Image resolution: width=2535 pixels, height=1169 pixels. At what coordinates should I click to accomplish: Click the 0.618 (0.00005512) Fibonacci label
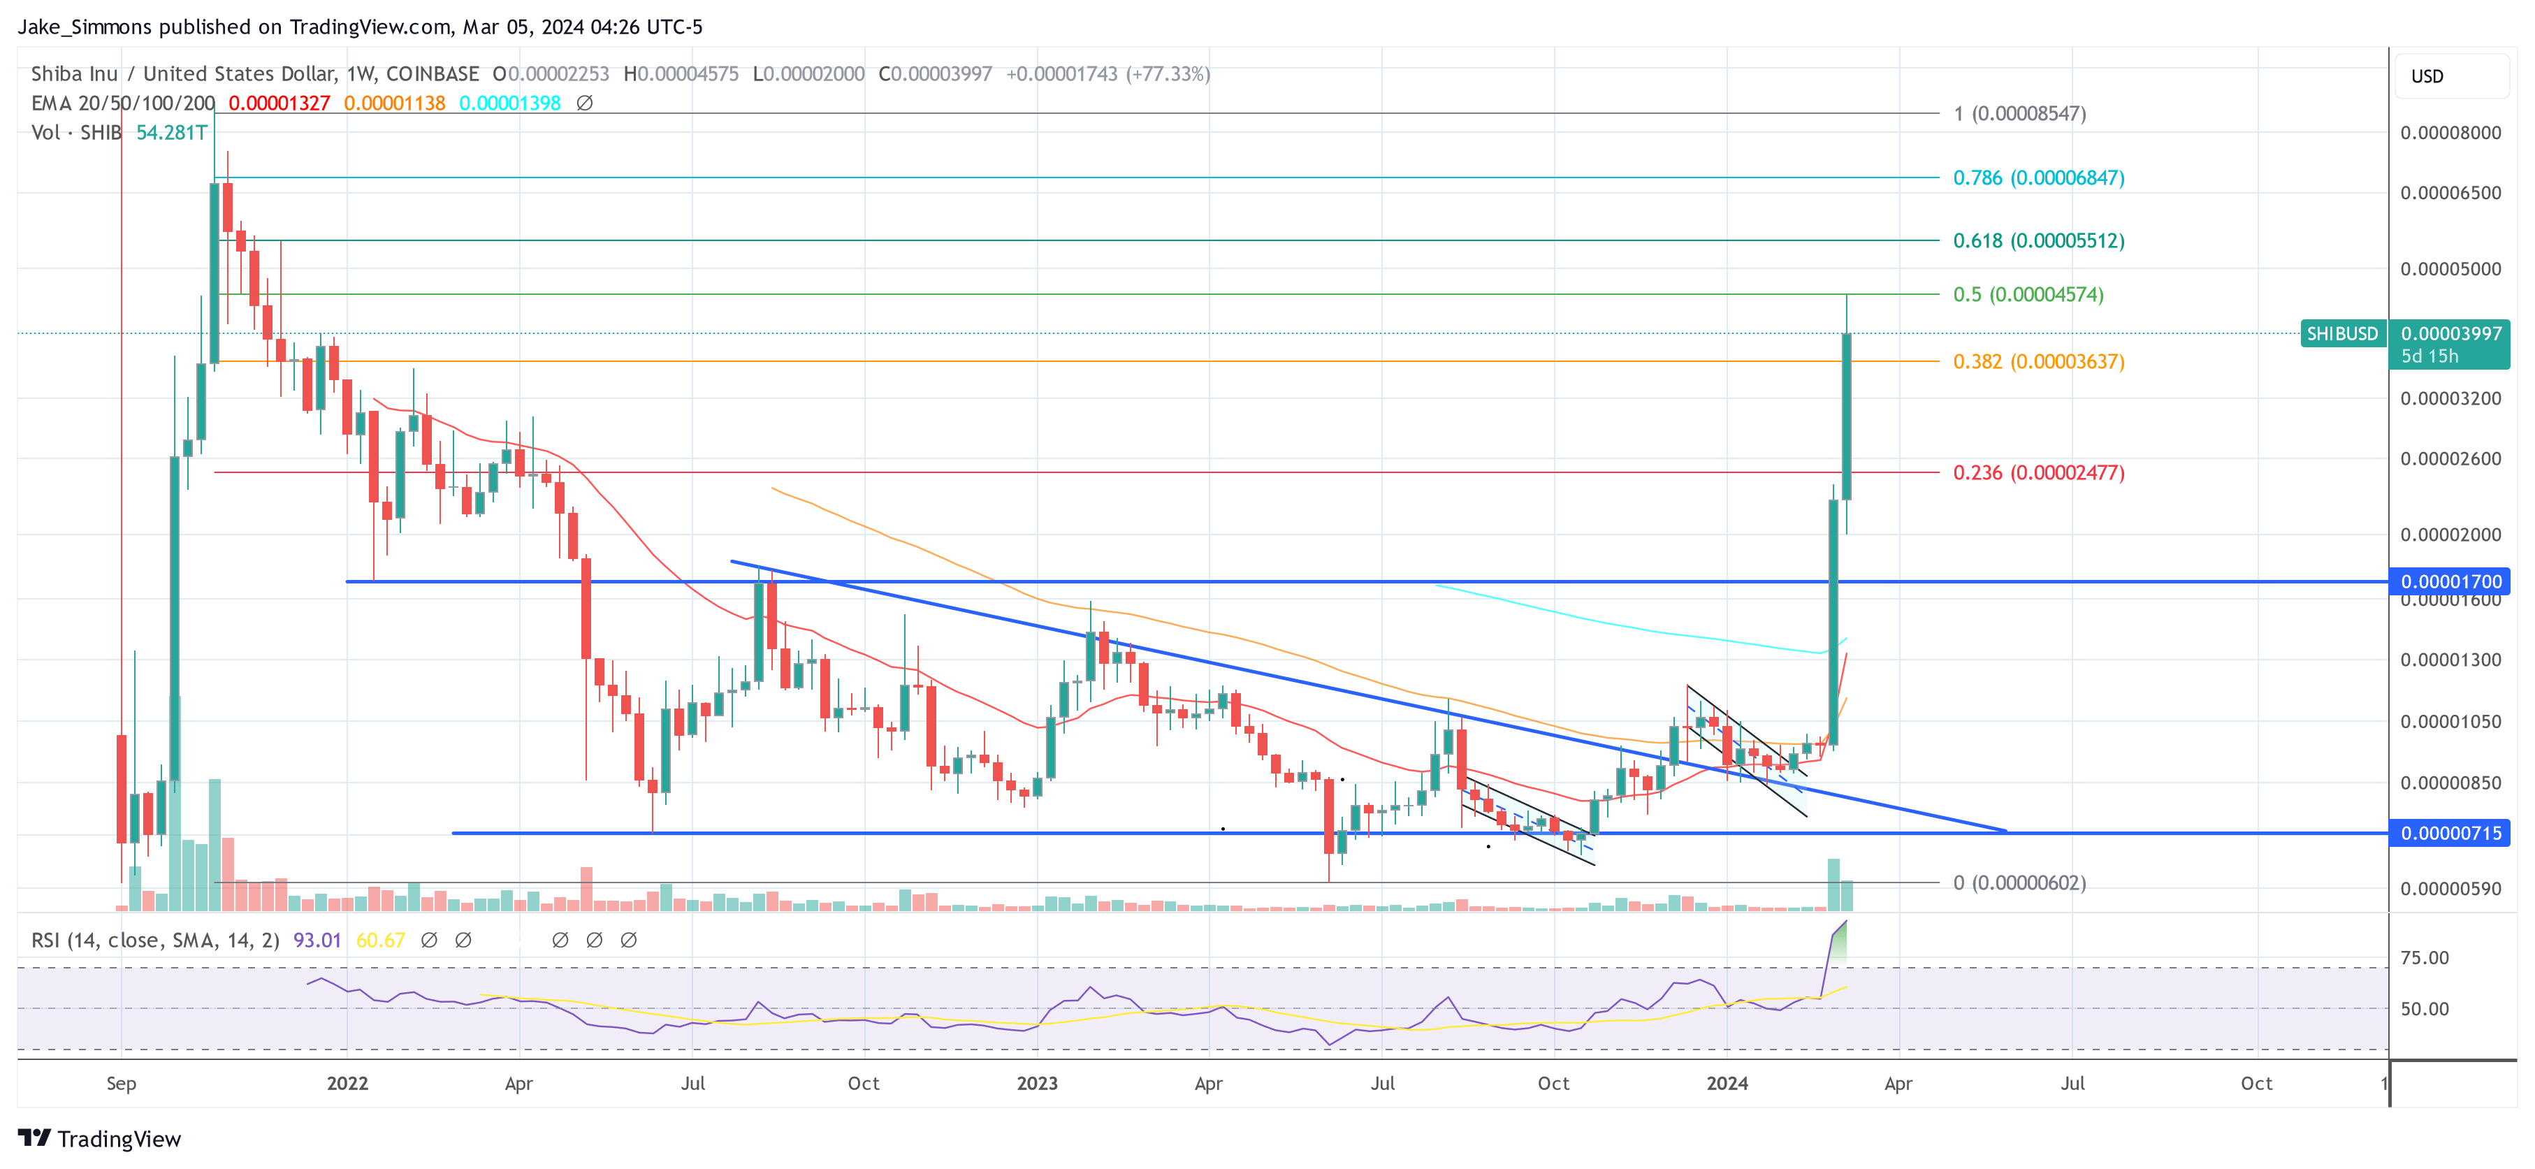[x=2038, y=241]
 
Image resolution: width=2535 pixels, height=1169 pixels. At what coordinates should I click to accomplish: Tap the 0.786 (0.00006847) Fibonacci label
[x=2038, y=178]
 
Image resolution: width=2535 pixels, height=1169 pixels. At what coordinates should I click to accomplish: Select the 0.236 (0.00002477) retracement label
[x=2038, y=473]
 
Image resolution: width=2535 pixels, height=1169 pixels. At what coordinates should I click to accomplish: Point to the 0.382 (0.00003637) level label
[x=2038, y=362]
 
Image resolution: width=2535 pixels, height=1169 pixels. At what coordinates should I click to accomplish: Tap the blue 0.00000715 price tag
[x=2450, y=834]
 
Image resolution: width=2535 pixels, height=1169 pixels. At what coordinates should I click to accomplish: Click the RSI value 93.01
[x=317, y=941]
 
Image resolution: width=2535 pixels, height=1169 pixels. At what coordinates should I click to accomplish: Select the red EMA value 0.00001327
[x=279, y=103]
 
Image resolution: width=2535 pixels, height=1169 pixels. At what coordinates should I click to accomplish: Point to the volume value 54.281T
[x=171, y=133]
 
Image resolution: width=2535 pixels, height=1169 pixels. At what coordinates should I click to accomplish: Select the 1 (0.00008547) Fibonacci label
[x=2019, y=114]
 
